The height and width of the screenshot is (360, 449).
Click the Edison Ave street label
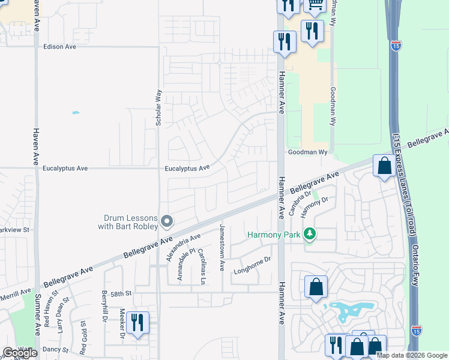point(60,46)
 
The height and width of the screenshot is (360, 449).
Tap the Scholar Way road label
point(159,107)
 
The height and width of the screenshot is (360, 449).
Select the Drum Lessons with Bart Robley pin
point(167,222)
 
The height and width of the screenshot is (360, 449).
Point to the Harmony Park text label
point(273,235)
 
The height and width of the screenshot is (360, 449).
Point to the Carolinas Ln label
point(202,266)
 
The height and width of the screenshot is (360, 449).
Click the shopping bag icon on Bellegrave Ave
point(384,165)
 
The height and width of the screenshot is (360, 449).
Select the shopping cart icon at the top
point(315,5)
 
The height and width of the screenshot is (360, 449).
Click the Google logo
point(20,353)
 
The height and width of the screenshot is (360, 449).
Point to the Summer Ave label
point(37,314)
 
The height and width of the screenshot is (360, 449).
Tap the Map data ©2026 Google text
point(412,355)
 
